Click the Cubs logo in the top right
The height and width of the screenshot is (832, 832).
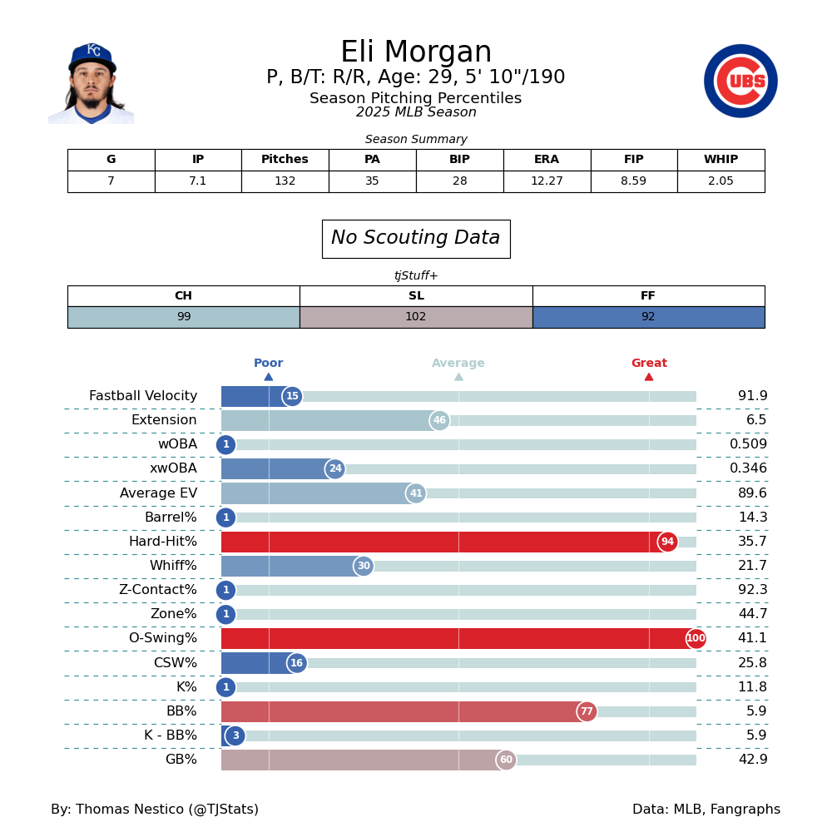[740, 81]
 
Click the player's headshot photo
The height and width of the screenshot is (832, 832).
[92, 83]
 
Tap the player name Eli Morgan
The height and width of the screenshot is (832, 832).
[416, 52]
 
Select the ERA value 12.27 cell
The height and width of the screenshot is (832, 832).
[547, 181]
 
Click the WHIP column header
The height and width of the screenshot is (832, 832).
[721, 160]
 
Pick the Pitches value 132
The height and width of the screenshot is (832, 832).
[285, 181]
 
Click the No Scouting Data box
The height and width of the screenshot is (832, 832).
[416, 239]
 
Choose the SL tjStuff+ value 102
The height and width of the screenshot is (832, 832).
[416, 317]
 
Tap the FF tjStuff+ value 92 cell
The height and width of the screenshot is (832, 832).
[648, 317]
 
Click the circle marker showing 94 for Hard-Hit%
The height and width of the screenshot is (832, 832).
[667, 542]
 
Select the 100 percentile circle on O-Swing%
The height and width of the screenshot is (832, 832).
[696, 639]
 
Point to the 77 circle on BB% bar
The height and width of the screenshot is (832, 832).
[587, 711]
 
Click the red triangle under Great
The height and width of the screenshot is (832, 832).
[649, 377]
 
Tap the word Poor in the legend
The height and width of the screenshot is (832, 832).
[268, 364]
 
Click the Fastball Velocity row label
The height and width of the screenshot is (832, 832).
[143, 396]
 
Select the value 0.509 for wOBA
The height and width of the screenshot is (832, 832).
[748, 444]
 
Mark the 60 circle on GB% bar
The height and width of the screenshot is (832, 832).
[506, 760]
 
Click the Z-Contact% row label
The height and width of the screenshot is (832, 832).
[157, 590]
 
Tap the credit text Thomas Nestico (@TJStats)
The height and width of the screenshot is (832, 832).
[155, 810]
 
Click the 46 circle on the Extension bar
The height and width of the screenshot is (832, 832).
[439, 420]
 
